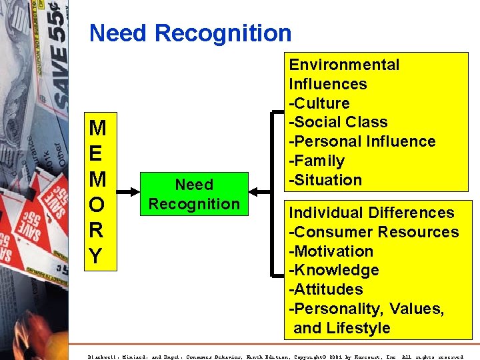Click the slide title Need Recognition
(x=190, y=33)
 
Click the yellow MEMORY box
(x=97, y=191)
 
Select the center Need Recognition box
(x=193, y=194)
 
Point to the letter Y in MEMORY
(x=97, y=257)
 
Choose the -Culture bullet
(x=319, y=103)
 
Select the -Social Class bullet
(x=337, y=122)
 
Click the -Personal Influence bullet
(x=361, y=141)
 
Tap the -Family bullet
(x=316, y=161)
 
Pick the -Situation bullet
(x=325, y=180)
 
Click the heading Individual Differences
(x=371, y=213)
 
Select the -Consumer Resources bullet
(x=373, y=232)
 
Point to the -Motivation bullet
(x=331, y=251)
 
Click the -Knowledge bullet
(x=333, y=270)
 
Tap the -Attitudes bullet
(x=325, y=289)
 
